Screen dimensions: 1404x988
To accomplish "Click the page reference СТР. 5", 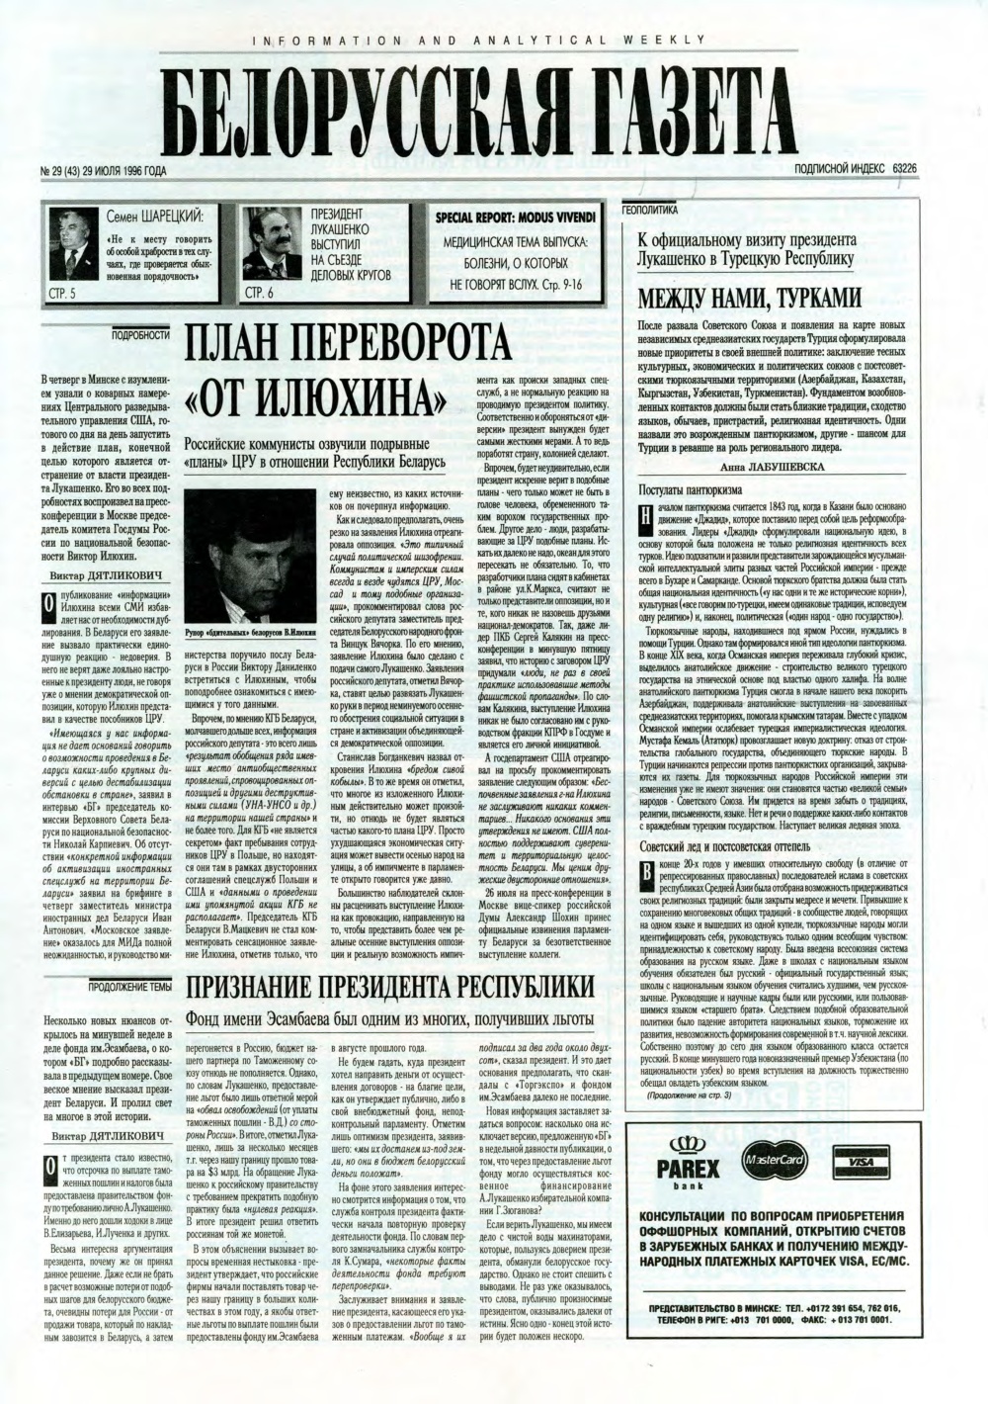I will click(x=64, y=294).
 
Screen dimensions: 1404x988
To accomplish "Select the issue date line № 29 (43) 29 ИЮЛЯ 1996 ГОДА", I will click(x=102, y=171).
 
